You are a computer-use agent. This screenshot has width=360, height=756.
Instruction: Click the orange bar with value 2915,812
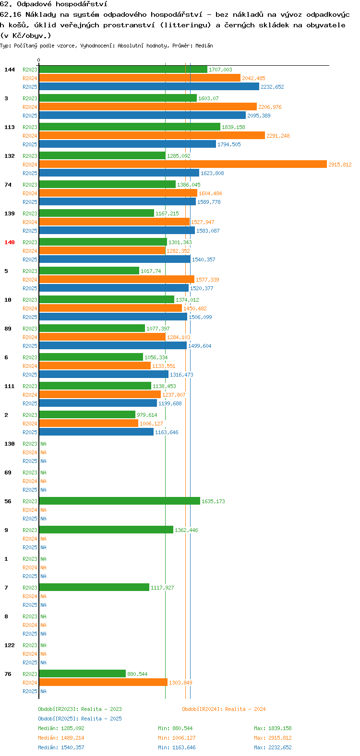pyautogui.click(x=183, y=165)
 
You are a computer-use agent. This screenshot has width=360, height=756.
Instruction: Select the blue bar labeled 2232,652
pyautogui.click(x=149, y=87)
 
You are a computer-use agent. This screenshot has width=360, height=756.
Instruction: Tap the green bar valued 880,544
pyautogui.click(x=83, y=673)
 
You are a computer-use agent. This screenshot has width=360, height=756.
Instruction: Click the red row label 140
pyautogui.click(x=10, y=242)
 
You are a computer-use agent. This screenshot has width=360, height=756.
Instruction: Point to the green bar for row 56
pyautogui.click(x=120, y=501)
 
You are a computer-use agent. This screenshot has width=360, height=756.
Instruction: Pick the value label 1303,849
pyautogui.click(x=180, y=683)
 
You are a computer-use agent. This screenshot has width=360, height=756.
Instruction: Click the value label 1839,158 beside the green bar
pyautogui.click(x=233, y=127)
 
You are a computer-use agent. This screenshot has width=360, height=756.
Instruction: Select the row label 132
pyautogui.click(x=10, y=156)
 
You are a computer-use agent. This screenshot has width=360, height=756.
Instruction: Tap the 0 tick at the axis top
pyautogui.click(x=39, y=60)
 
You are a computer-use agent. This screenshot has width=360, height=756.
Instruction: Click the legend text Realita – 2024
pyautogui.click(x=245, y=709)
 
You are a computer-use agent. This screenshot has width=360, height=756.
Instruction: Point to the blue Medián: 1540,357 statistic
pyautogui.click(x=61, y=747)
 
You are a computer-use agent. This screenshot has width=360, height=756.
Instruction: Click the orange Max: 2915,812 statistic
pyautogui.click(x=273, y=738)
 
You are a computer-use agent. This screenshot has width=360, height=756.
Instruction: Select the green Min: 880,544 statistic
pyautogui.click(x=175, y=728)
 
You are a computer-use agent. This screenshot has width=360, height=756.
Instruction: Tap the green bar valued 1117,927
pyautogui.click(x=94, y=587)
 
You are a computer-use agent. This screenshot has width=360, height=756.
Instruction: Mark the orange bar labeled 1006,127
pyautogui.click(x=89, y=423)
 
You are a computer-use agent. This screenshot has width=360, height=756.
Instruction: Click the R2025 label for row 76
pyautogui.click(x=30, y=691)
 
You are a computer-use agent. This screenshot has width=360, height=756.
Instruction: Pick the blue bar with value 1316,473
pyautogui.click(x=104, y=374)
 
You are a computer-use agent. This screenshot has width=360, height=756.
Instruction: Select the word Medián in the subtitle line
pyautogui.click(x=204, y=46)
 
